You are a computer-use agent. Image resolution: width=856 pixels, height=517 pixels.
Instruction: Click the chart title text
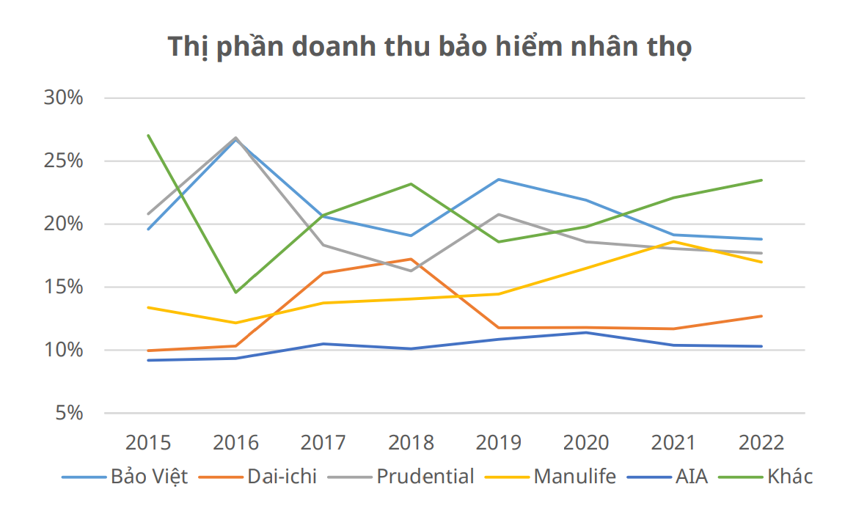[x=429, y=47]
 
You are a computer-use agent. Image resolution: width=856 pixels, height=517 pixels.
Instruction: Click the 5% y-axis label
[x=68, y=414]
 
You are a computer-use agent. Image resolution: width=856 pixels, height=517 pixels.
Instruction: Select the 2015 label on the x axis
[x=148, y=443]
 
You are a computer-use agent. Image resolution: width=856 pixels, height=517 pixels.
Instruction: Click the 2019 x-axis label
[x=499, y=443]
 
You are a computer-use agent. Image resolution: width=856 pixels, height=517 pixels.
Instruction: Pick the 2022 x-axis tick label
[x=761, y=443]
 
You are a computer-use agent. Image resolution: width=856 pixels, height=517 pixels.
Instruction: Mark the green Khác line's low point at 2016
[x=235, y=293]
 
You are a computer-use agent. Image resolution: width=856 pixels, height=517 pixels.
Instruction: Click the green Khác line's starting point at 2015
[x=148, y=135]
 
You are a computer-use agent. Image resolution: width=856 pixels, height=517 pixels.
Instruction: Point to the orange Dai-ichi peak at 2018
[x=411, y=259]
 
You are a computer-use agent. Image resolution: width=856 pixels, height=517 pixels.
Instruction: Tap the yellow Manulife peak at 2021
[x=674, y=241]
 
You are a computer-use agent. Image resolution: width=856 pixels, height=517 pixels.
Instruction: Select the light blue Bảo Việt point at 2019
[x=499, y=179]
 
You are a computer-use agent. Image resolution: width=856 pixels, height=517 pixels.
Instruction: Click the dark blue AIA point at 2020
[x=586, y=332]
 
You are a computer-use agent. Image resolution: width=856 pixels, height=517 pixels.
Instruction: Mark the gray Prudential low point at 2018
[x=411, y=271]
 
